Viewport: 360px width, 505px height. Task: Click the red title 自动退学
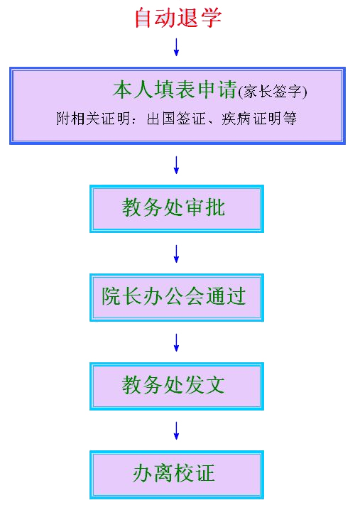[x=178, y=17]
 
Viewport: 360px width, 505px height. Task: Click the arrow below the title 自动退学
[x=176, y=48]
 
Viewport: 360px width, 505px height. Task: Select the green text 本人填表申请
[x=175, y=89]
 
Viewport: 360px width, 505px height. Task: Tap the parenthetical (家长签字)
[x=273, y=92]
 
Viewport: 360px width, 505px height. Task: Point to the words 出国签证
[x=176, y=119]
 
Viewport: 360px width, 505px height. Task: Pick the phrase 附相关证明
[x=93, y=119]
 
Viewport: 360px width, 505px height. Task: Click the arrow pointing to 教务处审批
[x=176, y=165]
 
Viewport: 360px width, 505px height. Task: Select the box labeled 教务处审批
[x=177, y=209]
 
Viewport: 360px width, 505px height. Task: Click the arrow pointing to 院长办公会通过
[x=176, y=254]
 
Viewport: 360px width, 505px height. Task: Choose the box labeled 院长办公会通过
[x=177, y=298]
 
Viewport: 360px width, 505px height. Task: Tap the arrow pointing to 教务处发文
[x=176, y=342]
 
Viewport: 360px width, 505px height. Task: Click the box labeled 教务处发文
[x=177, y=386]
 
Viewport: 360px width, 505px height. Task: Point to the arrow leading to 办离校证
[x=176, y=430]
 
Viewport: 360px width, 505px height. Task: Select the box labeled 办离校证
[x=177, y=474]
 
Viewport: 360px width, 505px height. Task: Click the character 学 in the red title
[x=212, y=17]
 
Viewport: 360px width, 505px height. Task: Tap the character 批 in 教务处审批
[x=215, y=207]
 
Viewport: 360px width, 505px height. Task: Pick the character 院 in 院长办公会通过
[x=111, y=295]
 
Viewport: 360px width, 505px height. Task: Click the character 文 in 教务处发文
[x=214, y=384]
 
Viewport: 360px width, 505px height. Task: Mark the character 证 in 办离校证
[x=204, y=473]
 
